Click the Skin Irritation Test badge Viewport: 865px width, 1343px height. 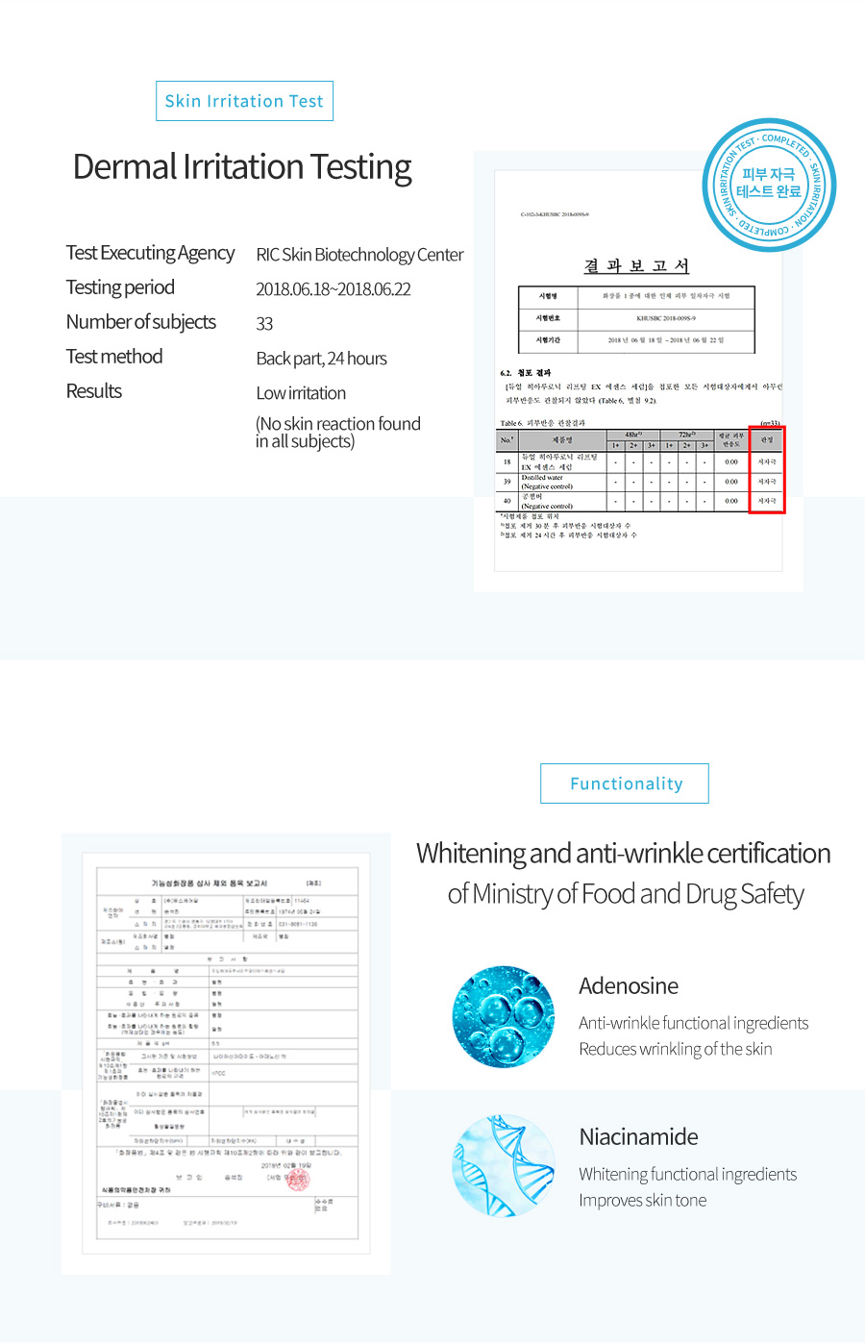(244, 101)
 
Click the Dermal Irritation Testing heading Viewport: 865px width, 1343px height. (242, 167)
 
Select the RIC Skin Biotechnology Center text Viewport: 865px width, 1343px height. (359, 255)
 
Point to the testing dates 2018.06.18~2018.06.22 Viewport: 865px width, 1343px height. (333, 289)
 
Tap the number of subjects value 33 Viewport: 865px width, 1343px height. (264, 324)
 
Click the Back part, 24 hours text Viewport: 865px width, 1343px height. (321, 359)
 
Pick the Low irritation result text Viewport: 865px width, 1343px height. (301, 393)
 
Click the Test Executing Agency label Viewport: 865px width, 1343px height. (150, 253)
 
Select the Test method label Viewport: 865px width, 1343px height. (114, 357)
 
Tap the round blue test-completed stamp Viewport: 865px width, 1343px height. (769, 185)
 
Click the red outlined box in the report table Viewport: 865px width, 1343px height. (767, 469)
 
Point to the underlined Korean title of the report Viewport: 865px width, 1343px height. (636, 266)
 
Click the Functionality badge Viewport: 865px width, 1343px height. (625, 783)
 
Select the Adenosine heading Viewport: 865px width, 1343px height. (629, 986)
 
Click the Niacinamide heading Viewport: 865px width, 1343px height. (638, 1137)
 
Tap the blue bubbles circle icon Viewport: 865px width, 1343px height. (503, 1017)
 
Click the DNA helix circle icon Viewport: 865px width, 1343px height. (503, 1167)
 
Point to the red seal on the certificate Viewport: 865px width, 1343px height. (298, 1179)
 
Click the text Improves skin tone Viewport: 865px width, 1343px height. (642, 1201)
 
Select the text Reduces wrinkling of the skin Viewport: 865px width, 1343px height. (675, 1049)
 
